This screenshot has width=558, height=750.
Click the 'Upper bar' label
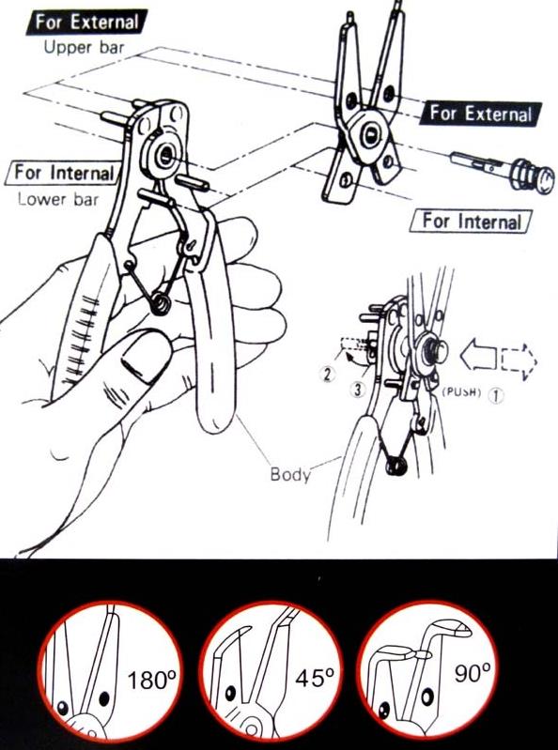(x=84, y=47)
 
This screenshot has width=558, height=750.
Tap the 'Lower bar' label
(x=58, y=199)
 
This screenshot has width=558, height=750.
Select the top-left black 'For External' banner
(x=86, y=22)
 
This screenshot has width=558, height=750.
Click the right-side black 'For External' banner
(x=480, y=114)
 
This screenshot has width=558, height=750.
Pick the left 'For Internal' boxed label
(x=62, y=173)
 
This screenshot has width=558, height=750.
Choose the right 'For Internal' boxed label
(x=472, y=222)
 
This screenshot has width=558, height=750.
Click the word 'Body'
(x=290, y=474)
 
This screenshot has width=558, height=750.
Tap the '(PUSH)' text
(x=461, y=391)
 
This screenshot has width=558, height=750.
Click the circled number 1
(x=496, y=395)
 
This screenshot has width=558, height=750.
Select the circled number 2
(x=327, y=374)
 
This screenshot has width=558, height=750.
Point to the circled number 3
(x=358, y=389)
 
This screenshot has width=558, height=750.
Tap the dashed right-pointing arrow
(x=519, y=361)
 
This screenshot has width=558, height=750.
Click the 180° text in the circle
(x=151, y=680)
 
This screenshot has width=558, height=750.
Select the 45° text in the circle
(x=315, y=678)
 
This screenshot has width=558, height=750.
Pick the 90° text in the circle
(x=473, y=672)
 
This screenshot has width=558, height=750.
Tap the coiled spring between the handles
(x=161, y=303)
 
